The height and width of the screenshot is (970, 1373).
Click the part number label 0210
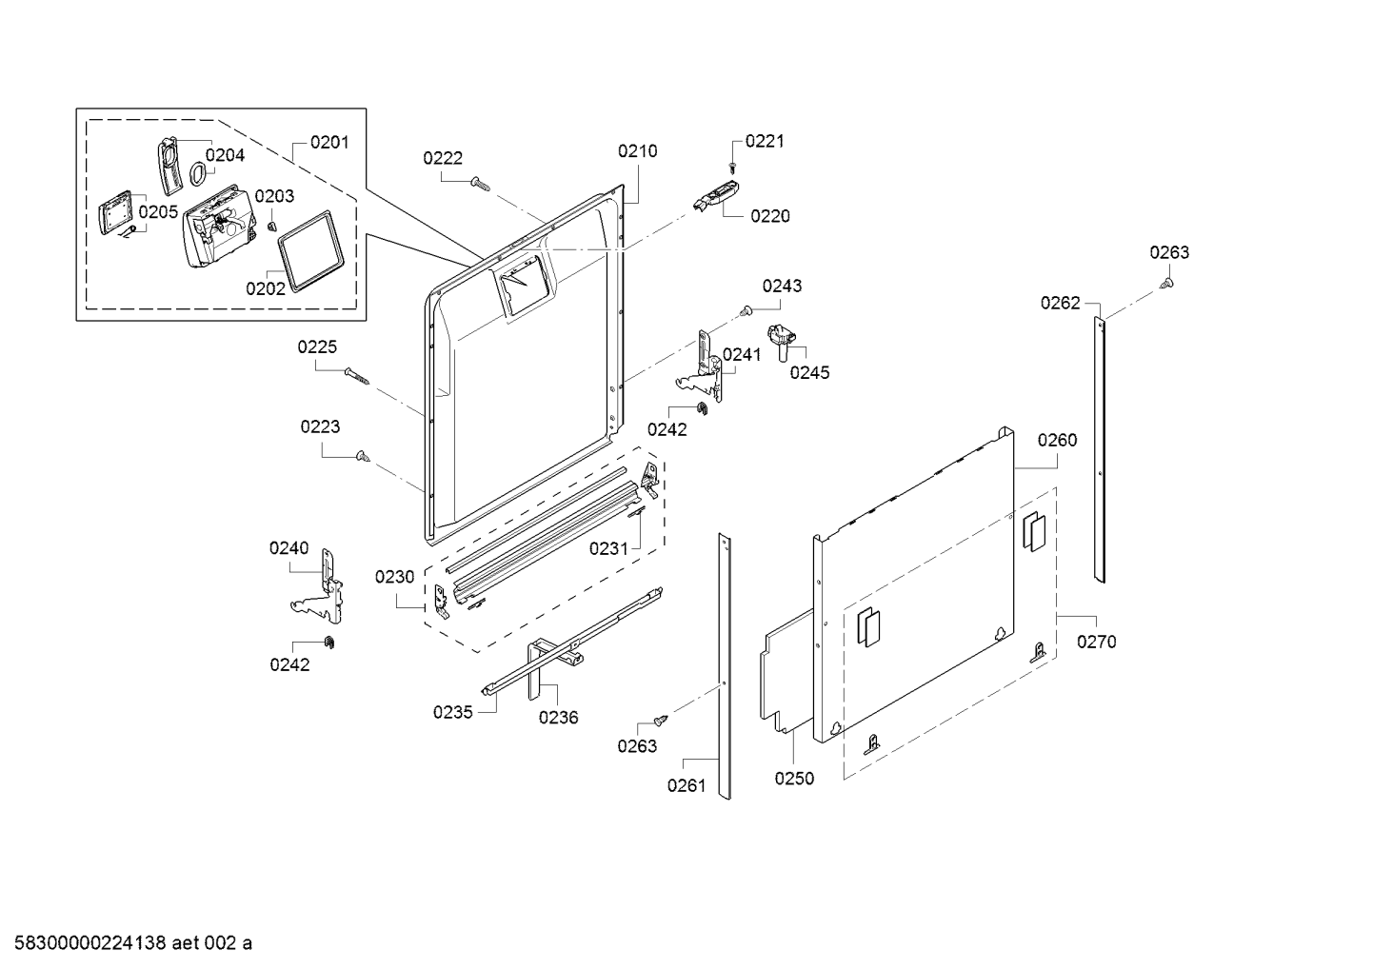(x=637, y=150)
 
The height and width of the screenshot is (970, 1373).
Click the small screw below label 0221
(x=732, y=167)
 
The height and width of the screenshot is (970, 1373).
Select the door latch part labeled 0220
(x=716, y=197)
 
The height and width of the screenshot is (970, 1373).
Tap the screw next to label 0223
(x=362, y=457)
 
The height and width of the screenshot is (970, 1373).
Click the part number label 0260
(x=1057, y=440)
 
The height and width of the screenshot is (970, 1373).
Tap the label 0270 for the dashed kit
(x=1096, y=642)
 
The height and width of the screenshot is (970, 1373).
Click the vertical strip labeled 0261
(x=725, y=666)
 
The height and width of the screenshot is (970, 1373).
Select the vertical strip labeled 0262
(x=1100, y=447)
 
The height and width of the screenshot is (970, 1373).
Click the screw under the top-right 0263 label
(x=1167, y=283)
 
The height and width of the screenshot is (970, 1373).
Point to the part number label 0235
(x=452, y=712)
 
